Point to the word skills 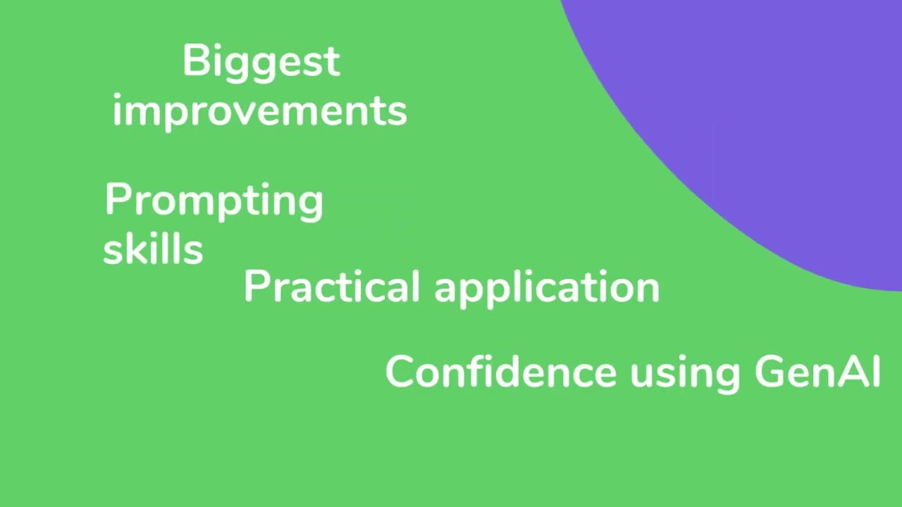[x=153, y=249]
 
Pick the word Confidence [x=500, y=372]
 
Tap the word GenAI [x=817, y=372]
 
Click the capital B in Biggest [x=194, y=61]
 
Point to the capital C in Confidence [x=399, y=372]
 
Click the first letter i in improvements [x=116, y=111]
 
